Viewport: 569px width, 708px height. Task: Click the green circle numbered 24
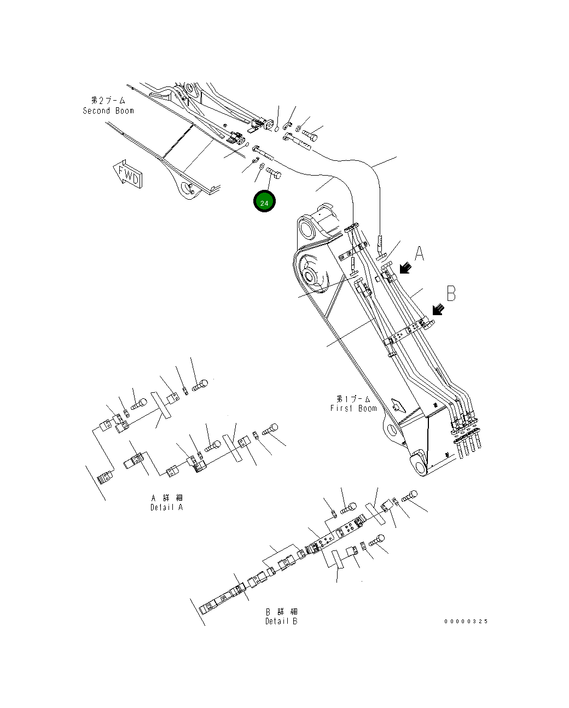pos(264,201)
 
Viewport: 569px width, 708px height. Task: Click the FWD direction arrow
pos(128,175)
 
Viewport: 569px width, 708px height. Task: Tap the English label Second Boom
pos(108,111)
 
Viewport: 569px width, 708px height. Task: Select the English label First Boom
pos(353,408)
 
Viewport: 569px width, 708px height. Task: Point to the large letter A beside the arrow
pos(419,253)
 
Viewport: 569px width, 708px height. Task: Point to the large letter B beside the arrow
pos(451,293)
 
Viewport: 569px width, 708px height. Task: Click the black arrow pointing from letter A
pos(405,268)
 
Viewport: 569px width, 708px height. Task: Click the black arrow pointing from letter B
pos(438,309)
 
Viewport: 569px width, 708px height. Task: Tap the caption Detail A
pos(166,507)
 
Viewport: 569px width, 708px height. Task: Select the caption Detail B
pos(281,621)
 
